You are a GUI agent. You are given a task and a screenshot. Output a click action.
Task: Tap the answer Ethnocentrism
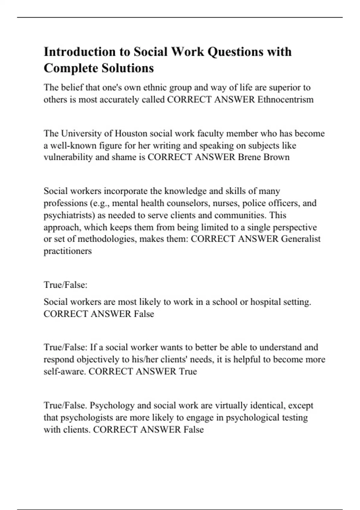coord(285,99)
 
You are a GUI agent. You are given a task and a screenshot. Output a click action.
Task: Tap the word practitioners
coord(67,251)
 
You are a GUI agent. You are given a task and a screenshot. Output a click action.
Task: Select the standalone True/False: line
coord(65,285)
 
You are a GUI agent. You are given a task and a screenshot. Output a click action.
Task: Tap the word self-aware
coord(65,371)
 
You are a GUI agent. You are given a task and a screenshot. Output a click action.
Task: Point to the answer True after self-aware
coord(188,371)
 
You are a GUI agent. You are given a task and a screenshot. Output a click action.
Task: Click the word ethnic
coord(154,88)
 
